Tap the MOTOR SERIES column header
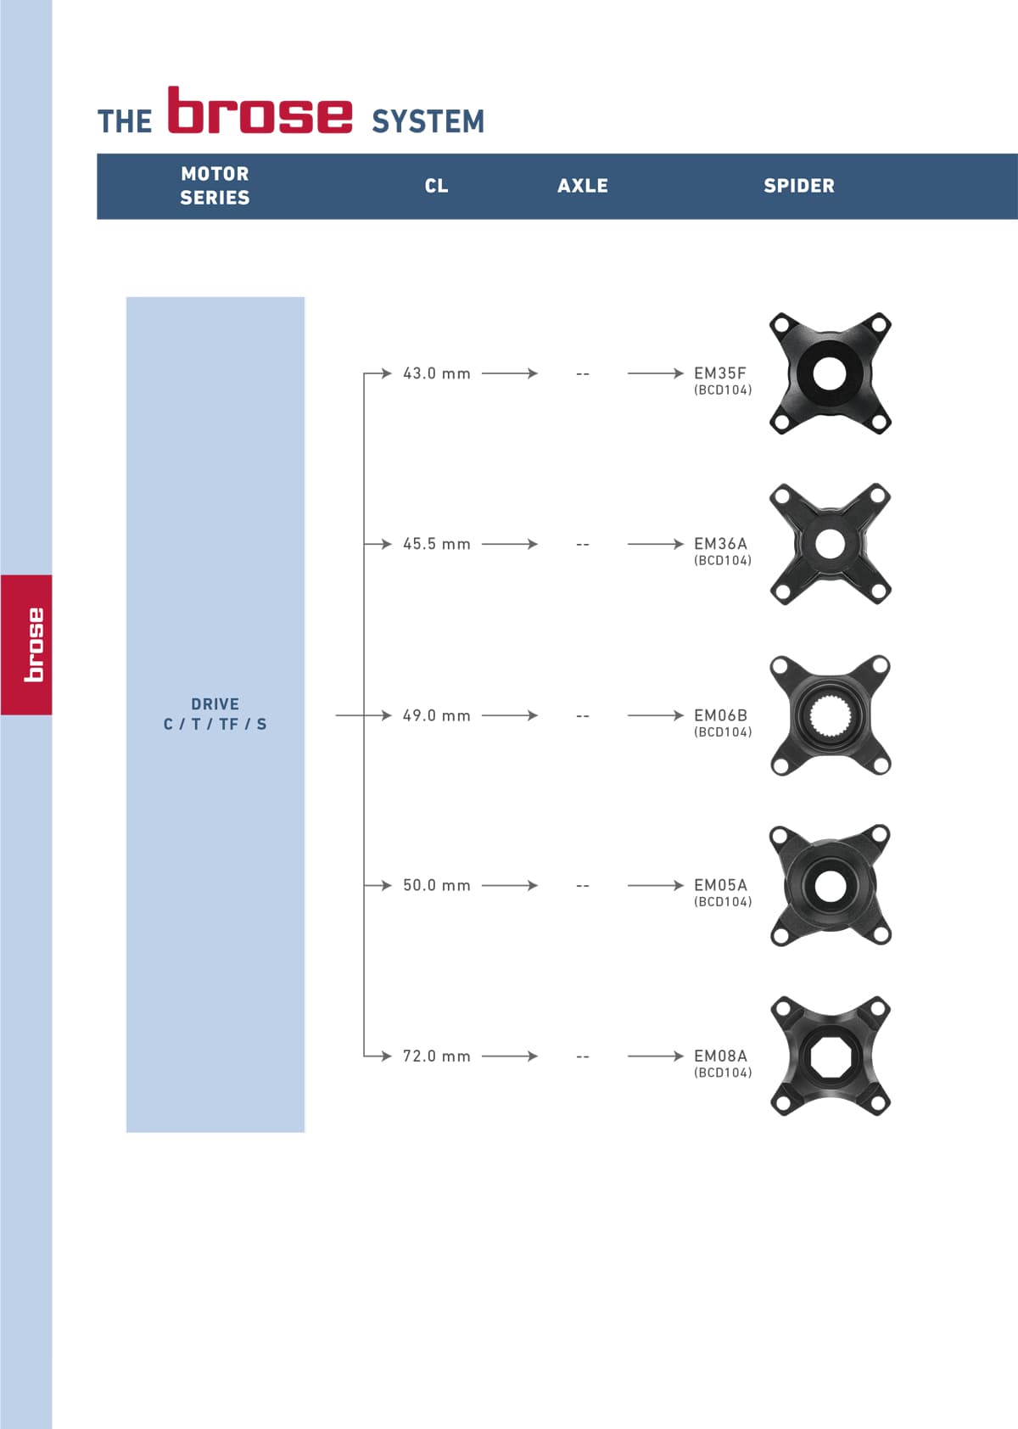click(215, 186)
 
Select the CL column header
click(436, 186)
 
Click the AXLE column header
click(582, 186)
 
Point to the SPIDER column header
click(798, 186)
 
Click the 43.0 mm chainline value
click(436, 373)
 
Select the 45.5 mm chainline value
click(436, 544)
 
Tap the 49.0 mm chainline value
click(436, 716)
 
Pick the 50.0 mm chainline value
click(436, 885)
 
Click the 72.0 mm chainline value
click(436, 1056)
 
